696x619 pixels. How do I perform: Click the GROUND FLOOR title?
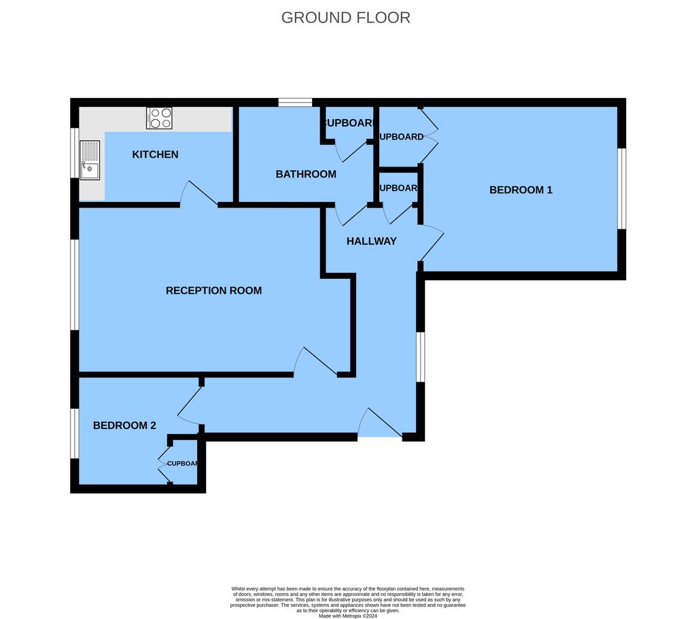pyautogui.click(x=345, y=18)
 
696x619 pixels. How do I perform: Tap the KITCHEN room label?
pyautogui.click(x=155, y=154)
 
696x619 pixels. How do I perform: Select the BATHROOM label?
pyautogui.click(x=306, y=174)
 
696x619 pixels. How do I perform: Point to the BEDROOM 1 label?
pyautogui.click(x=521, y=190)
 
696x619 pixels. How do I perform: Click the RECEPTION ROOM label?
pyautogui.click(x=213, y=290)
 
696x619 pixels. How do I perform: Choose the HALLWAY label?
pyautogui.click(x=371, y=241)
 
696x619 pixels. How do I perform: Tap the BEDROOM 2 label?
pyautogui.click(x=124, y=425)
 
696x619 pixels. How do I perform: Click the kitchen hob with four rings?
pyautogui.click(x=160, y=118)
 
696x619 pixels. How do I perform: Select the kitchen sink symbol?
pyautogui.click(x=89, y=161)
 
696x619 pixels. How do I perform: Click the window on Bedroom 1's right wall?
pyautogui.click(x=621, y=188)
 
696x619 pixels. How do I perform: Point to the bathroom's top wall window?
pyautogui.click(x=295, y=103)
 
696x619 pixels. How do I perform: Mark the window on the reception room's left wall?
pyautogui.click(x=75, y=284)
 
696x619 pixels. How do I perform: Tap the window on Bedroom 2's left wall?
pyautogui.click(x=75, y=433)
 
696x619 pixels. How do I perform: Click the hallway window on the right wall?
pyautogui.click(x=421, y=357)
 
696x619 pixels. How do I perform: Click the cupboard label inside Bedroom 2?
pyautogui.click(x=182, y=463)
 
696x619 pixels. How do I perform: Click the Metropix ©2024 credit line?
pyautogui.click(x=347, y=616)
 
